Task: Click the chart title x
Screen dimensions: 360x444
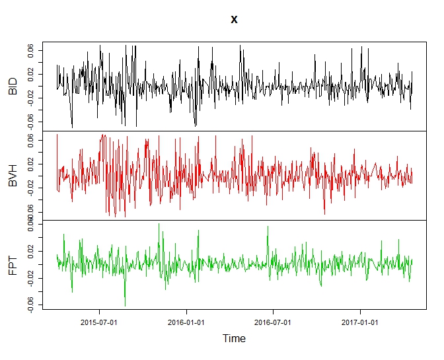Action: tap(234, 20)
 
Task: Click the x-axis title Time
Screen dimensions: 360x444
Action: tap(234, 338)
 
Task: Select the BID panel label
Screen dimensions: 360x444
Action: tap(13, 86)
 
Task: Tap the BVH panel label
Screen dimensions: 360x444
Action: tap(13, 176)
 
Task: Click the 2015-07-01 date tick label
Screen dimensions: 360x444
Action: tap(100, 323)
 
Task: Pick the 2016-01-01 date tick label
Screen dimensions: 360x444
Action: tap(187, 323)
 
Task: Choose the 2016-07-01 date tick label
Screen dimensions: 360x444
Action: tap(274, 323)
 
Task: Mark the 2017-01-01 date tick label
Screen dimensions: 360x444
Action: tap(360, 323)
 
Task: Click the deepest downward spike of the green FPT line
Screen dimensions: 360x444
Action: tap(125, 306)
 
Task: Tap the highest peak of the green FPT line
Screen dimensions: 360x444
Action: tap(159, 224)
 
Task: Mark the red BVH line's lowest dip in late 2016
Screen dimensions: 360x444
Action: tap(324, 214)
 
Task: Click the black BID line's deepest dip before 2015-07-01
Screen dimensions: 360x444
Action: tap(72, 127)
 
